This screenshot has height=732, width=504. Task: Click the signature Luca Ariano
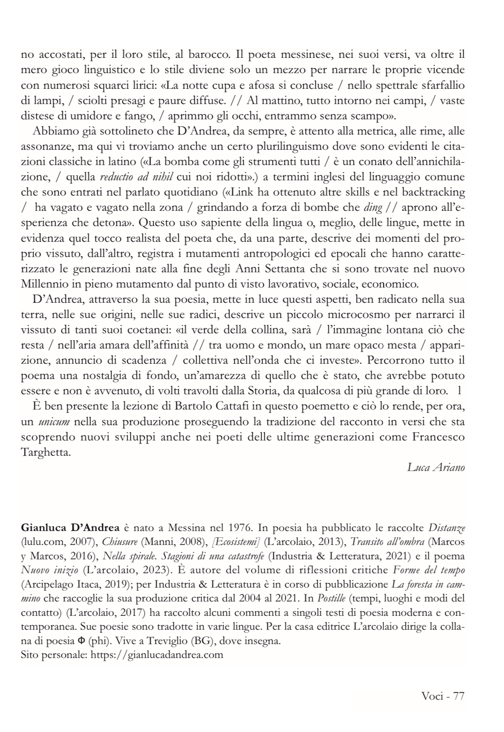(435, 467)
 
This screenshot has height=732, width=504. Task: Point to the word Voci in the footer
(432, 697)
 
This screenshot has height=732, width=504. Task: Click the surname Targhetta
(45, 452)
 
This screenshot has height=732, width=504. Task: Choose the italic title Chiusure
(118, 542)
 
